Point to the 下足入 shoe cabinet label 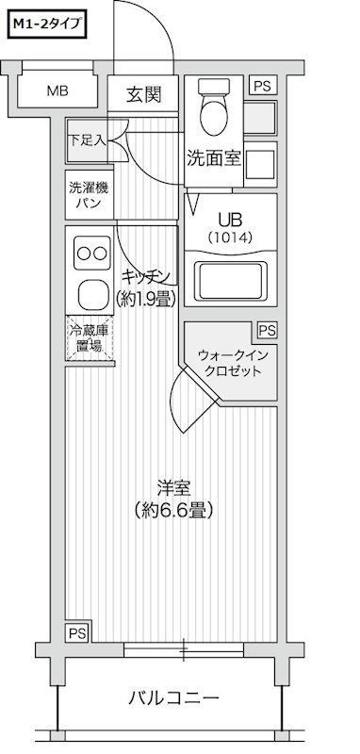[x=86, y=138]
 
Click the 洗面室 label [x=215, y=158]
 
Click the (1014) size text [x=231, y=237]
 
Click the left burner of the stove [x=82, y=253]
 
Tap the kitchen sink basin [x=93, y=292]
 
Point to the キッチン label [x=145, y=275]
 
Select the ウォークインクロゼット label [x=231, y=363]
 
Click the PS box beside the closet [x=267, y=331]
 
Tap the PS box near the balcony [x=76, y=632]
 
